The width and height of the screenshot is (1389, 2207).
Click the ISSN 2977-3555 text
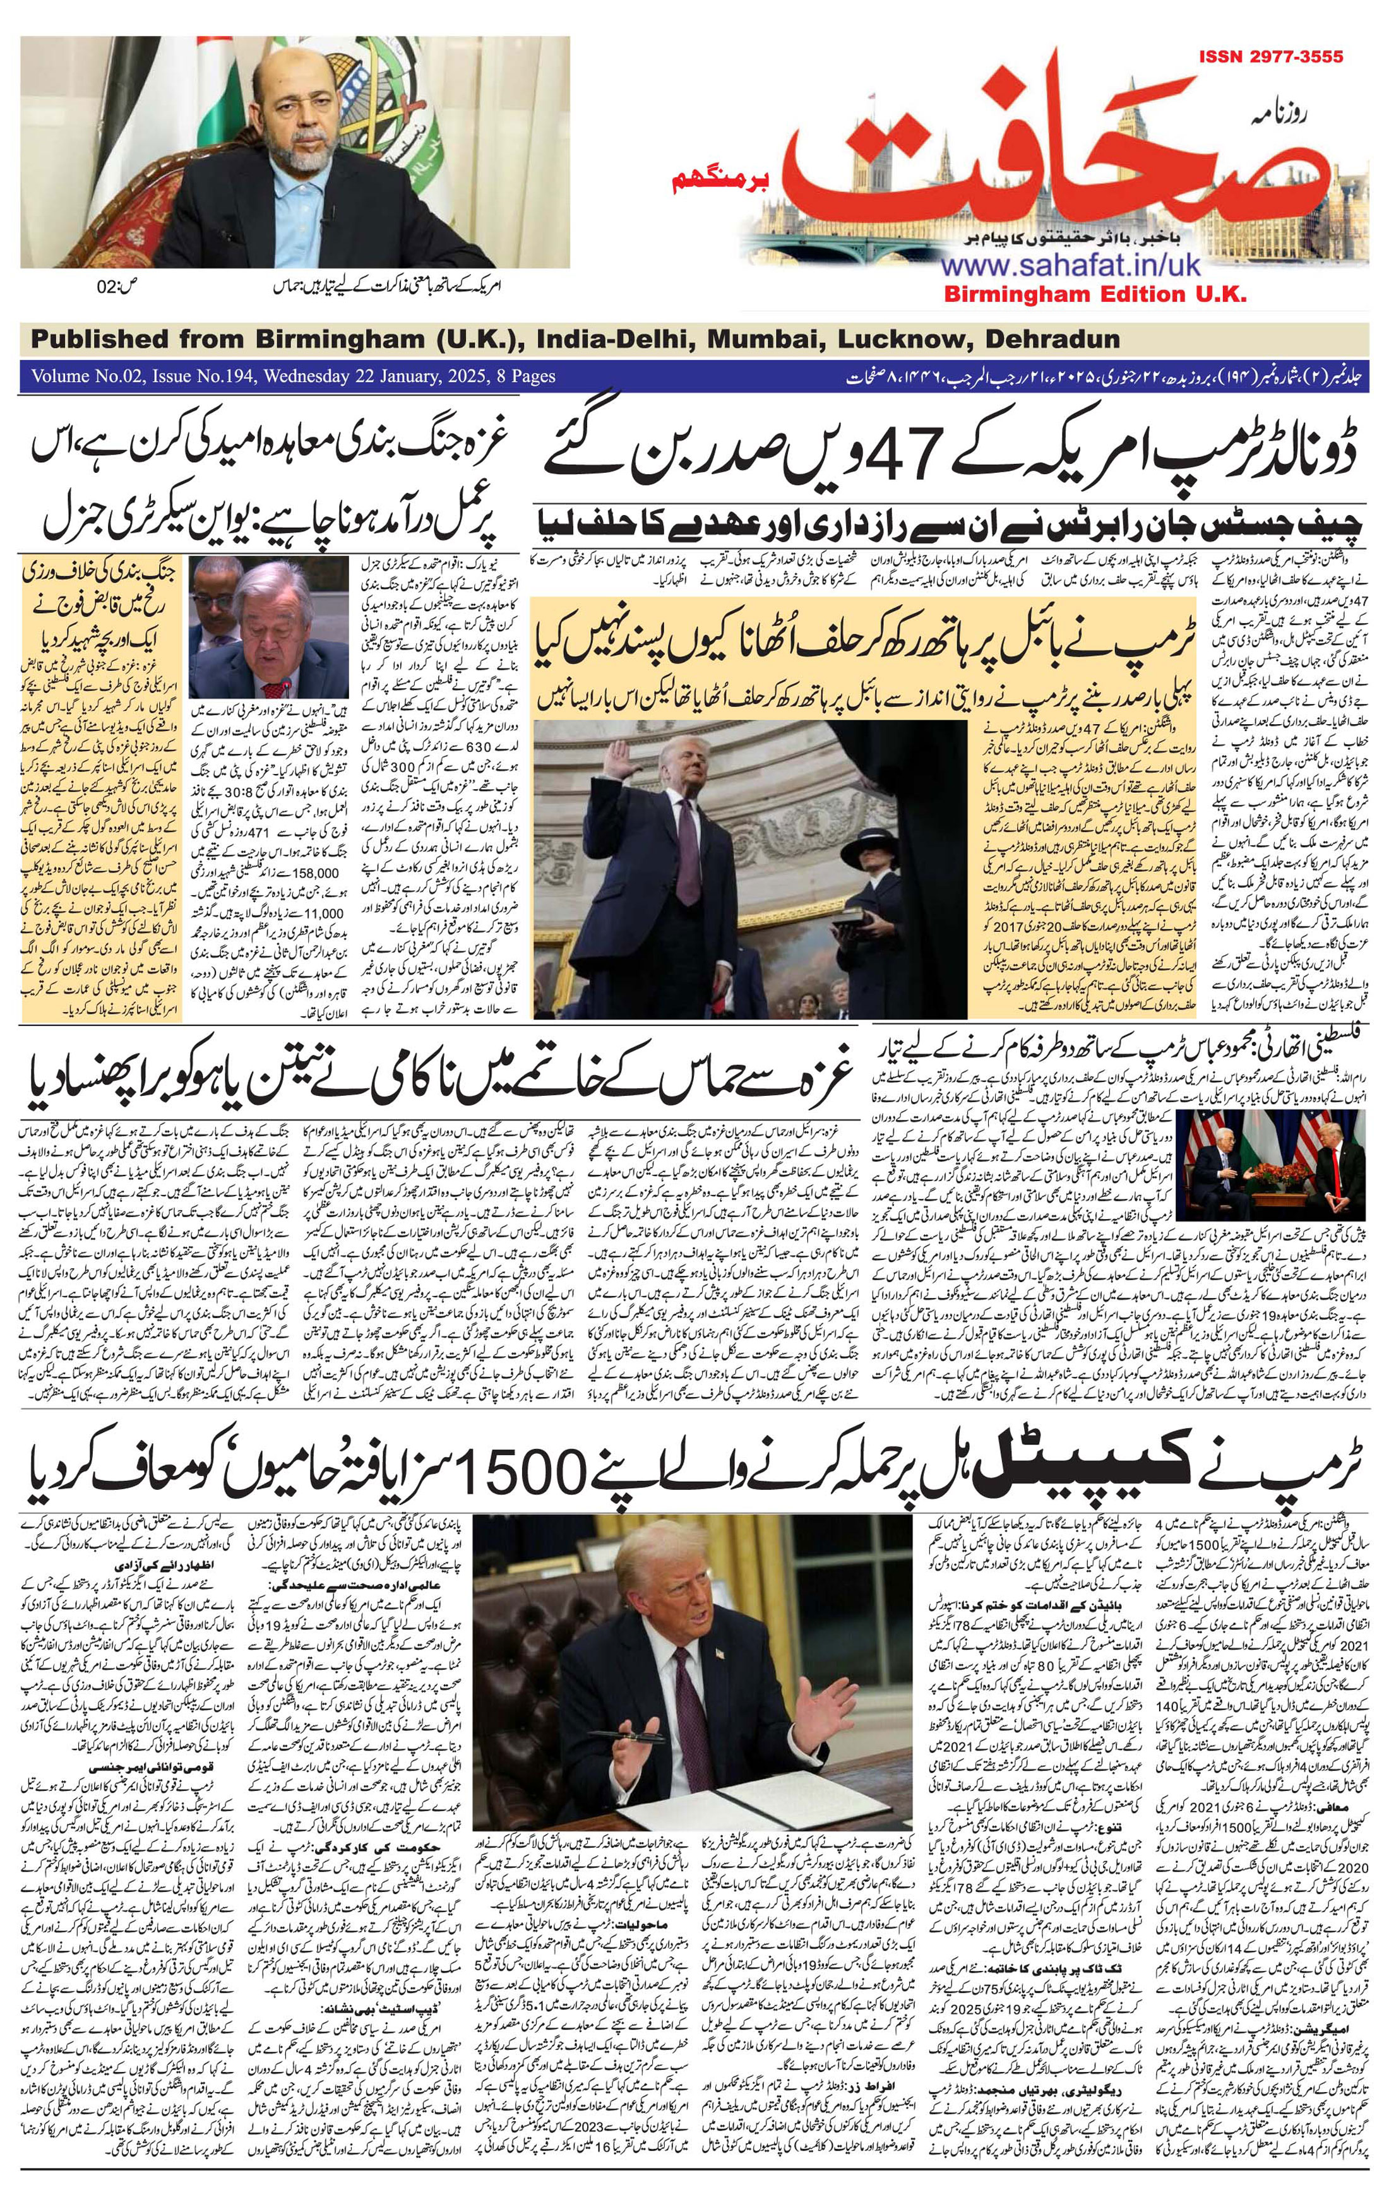coord(1270,57)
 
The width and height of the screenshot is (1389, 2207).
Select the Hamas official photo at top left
coord(294,152)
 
